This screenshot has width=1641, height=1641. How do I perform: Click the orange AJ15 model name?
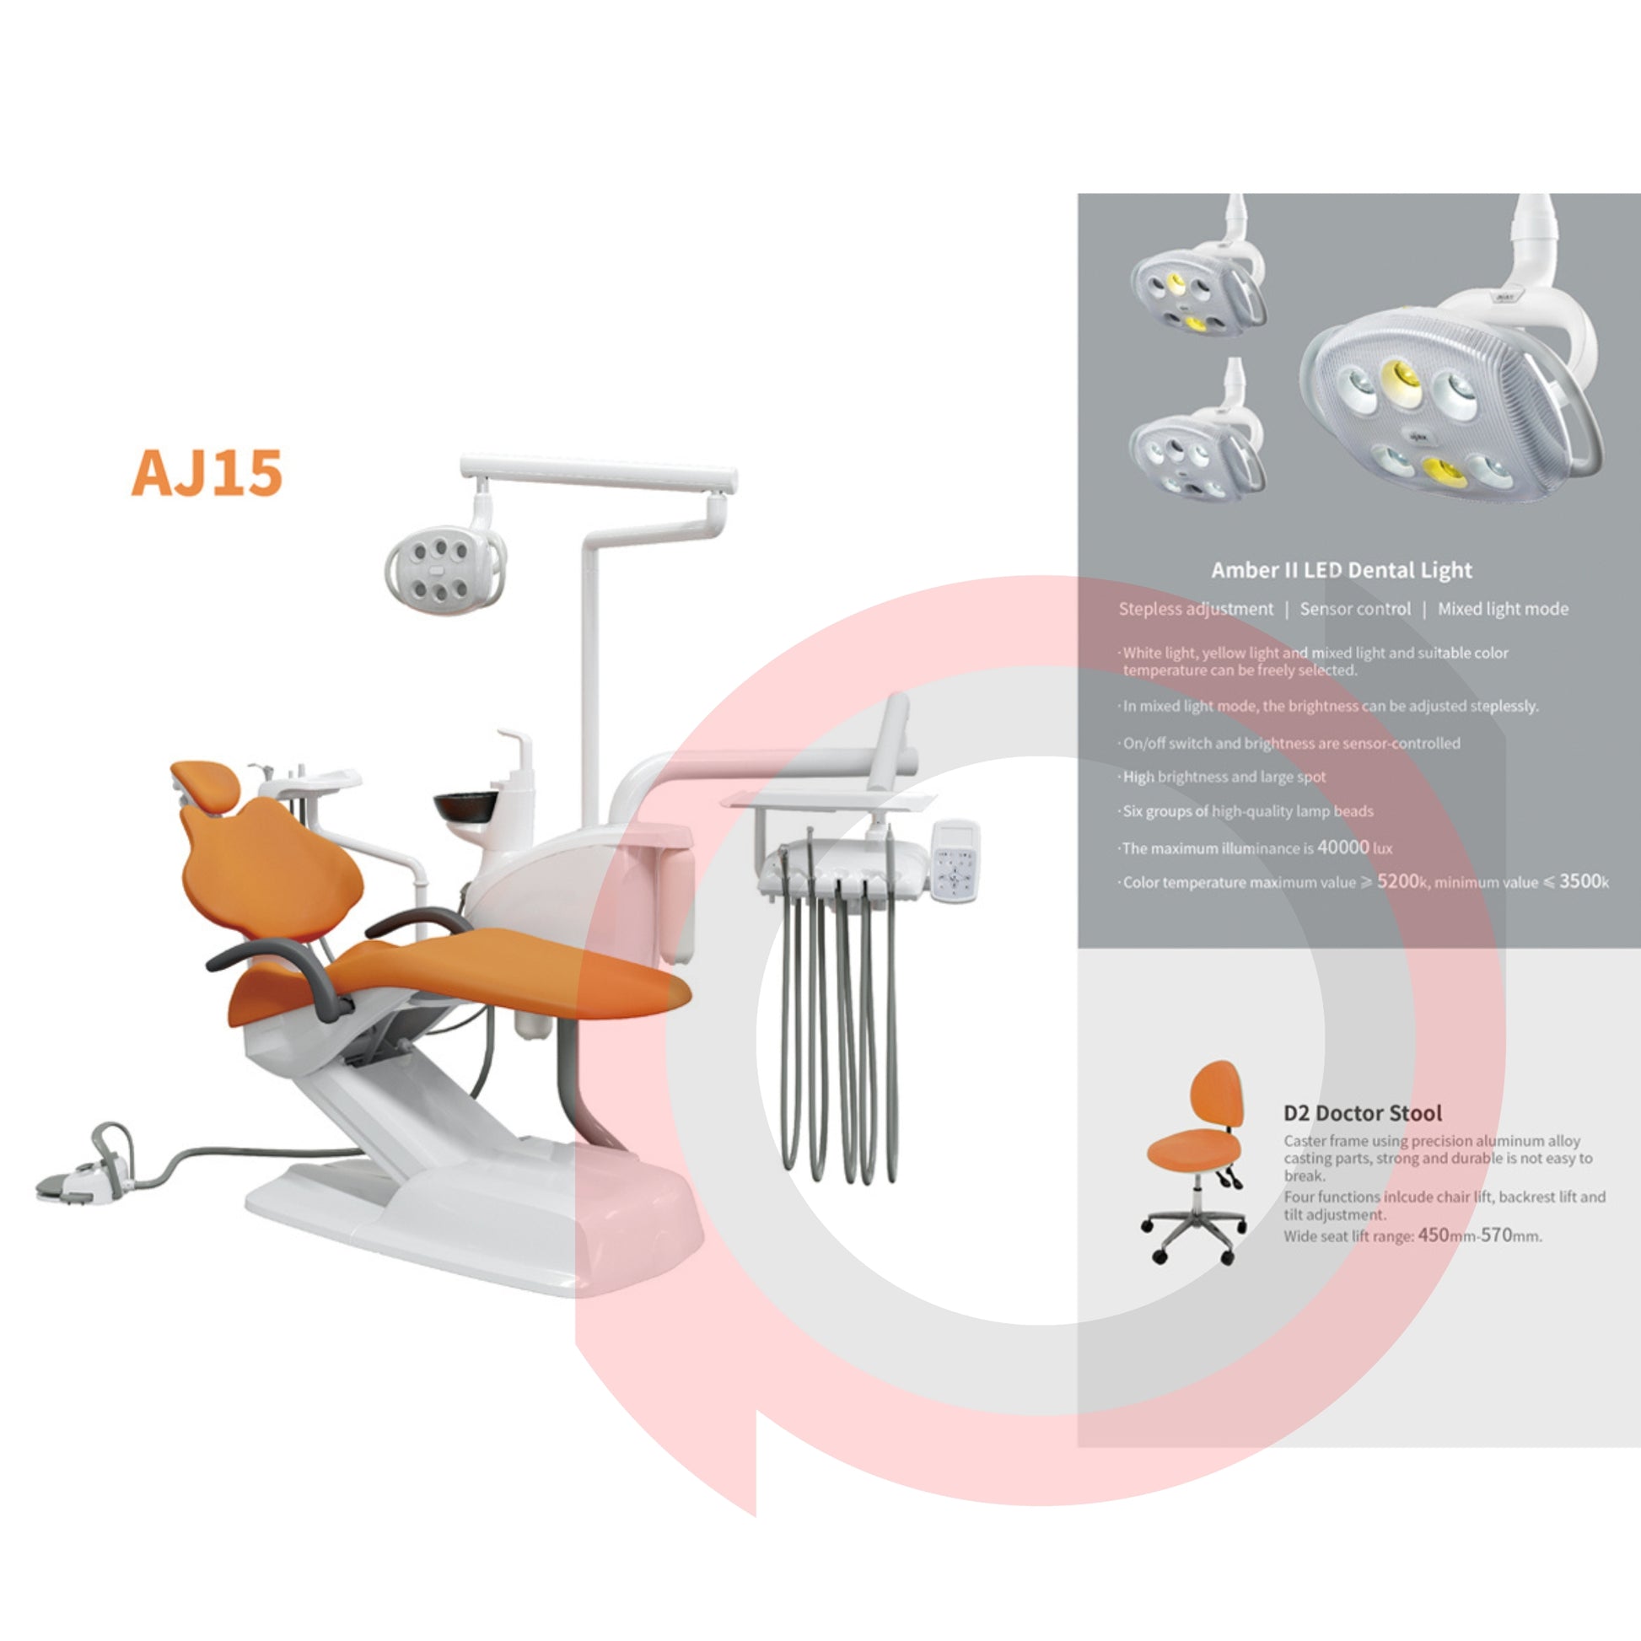[207, 472]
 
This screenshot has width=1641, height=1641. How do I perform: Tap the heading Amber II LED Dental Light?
[1341, 570]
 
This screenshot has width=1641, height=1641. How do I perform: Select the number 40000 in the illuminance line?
[1342, 847]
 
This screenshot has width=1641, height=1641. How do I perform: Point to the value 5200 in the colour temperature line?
[1398, 881]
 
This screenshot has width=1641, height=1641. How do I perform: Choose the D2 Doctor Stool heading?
[1363, 1112]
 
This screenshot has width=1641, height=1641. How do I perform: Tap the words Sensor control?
[1355, 609]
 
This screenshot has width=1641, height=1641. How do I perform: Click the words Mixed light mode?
[1503, 609]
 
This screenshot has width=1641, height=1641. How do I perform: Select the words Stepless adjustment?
[1196, 609]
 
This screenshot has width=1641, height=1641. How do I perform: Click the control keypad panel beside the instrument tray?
[955, 859]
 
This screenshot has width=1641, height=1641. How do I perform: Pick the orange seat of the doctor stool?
[1188, 1150]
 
